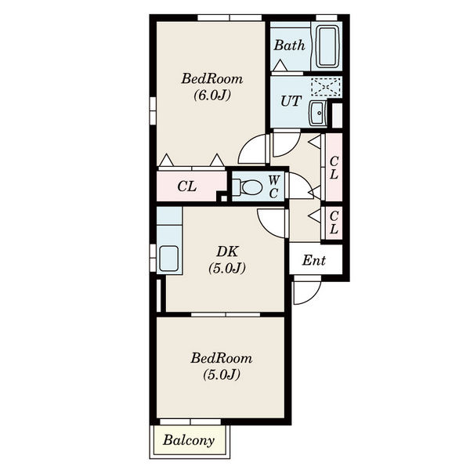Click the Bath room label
(x=289, y=45)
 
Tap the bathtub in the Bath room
(x=327, y=46)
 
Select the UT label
(x=291, y=101)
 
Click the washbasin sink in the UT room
(x=317, y=113)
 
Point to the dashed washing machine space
(x=326, y=86)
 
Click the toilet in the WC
(x=248, y=187)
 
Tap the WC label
(x=273, y=187)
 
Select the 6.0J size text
(x=212, y=96)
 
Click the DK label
(x=227, y=251)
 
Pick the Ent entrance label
(x=314, y=260)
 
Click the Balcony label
(x=189, y=440)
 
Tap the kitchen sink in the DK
(x=168, y=258)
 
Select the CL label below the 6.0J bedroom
(x=187, y=186)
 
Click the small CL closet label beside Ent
(x=334, y=222)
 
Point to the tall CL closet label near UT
(x=334, y=168)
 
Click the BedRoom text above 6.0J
(x=212, y=78)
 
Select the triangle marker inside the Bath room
(x=280, y=66)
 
